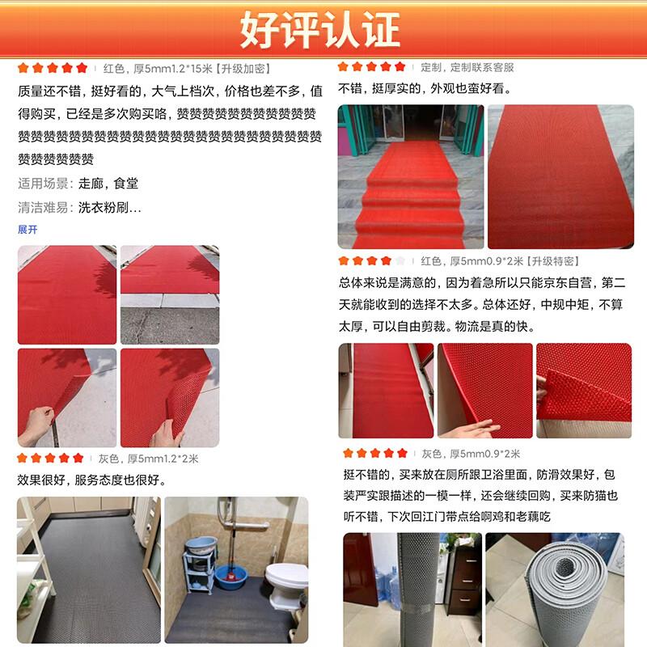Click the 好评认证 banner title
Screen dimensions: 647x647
click(x=319, y=29)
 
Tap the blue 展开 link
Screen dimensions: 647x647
click(x=27, y=230)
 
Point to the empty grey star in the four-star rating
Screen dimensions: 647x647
click(x=400, y=260)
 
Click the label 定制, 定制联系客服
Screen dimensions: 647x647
click(x=467, y=67)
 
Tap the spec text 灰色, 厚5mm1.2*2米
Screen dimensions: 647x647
click(x=149, y=459)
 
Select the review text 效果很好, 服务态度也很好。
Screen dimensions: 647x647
click(x=91, y=480)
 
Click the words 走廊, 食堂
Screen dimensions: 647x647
click(x=108, y=184)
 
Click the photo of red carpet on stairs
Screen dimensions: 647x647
click(x=411, y=176)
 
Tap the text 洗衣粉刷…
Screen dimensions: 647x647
click(x=109, y=207)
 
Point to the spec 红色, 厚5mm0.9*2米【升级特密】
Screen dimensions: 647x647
click(x=500, y=261)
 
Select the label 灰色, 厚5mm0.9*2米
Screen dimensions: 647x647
click(x=471, y=454)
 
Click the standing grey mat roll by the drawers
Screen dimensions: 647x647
click(x=420, y=590)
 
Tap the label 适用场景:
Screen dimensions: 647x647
click(x=45, y=184)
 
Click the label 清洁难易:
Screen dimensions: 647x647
click(x=45, y=207)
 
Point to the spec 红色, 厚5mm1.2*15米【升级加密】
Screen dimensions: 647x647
click(x=187, y=69)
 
